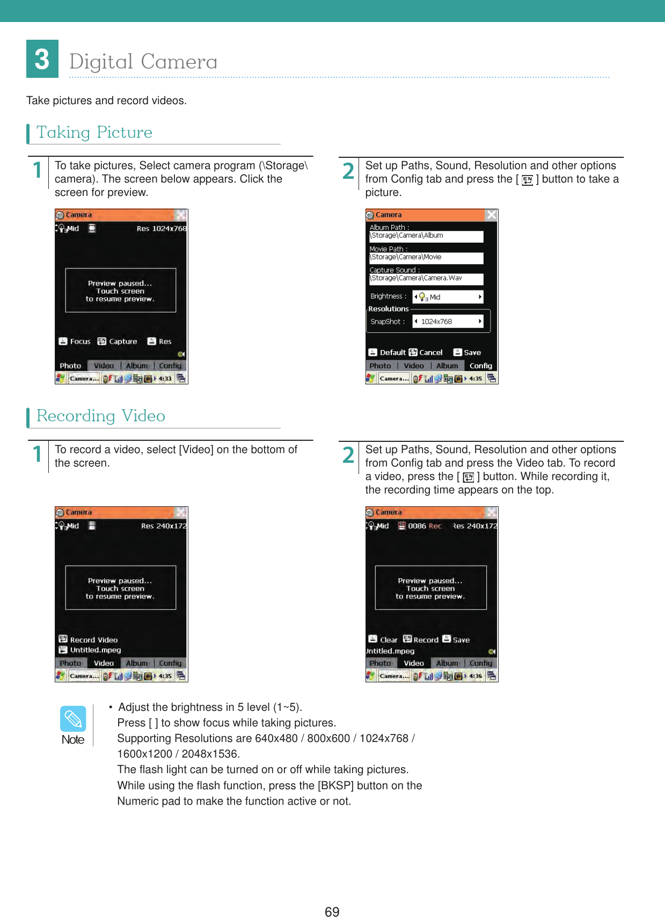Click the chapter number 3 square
[x=42, y=59]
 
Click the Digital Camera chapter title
[x=143, y=62]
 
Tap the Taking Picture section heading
[x=94, y=133]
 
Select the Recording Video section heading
[x=101, y=416]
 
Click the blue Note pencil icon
[x=73, y=718]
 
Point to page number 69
[x=332, y=911]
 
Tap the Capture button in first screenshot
[x=118, y=341]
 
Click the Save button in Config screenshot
[x=467, y=353]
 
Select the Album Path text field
[x=426, y=236]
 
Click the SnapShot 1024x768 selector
[x=448, y=322]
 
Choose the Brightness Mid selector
[x=448, y=297]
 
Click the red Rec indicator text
[x=435, y=526]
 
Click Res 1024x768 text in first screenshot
[x=161, y=229]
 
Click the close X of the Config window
[x=491, y=215]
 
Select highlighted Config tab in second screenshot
[x=480, y=366]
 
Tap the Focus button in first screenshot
[x=75, y=341]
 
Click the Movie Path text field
[x=426, y=258]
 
